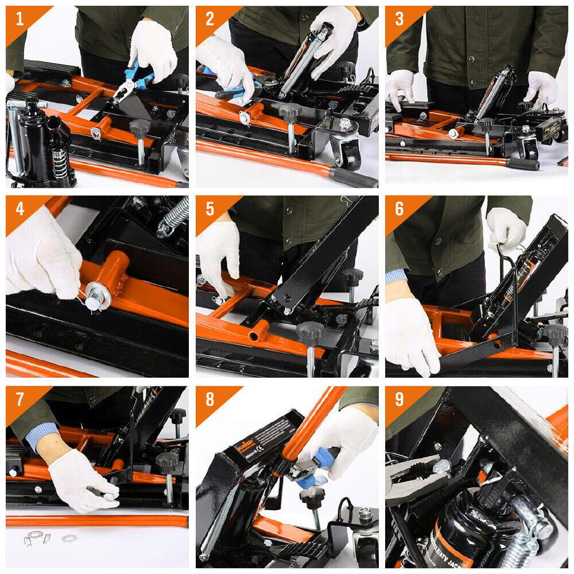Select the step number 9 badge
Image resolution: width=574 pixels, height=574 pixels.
point(399,398)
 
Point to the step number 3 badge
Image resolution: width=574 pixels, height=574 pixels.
point(399,19)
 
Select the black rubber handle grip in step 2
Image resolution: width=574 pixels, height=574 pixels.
point(353,177)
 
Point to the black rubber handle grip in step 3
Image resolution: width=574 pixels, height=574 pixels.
point(522,164)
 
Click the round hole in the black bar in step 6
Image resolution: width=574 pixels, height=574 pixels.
point(492,344)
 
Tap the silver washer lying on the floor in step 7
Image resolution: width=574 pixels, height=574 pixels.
point(70,538)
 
